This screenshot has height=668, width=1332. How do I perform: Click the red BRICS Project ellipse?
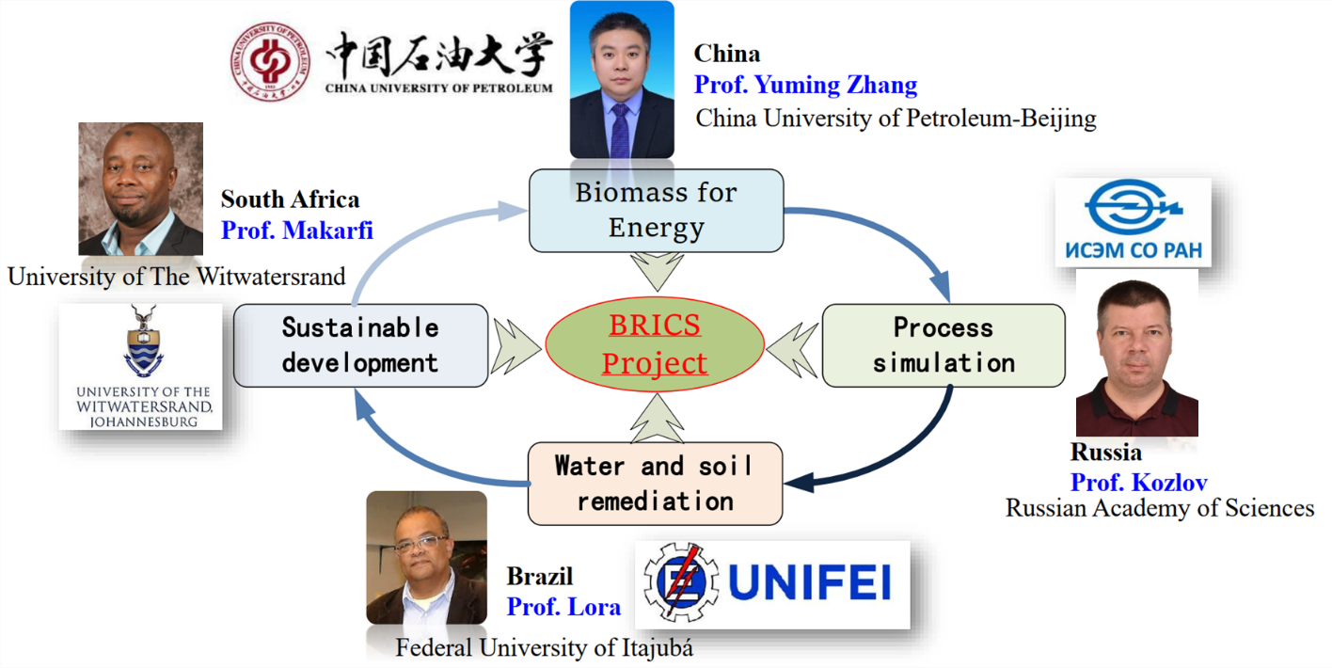(x=655, y=344)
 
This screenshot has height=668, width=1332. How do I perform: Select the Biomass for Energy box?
(x=656, y=211)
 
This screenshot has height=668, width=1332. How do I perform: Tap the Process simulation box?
(x=943, y=345)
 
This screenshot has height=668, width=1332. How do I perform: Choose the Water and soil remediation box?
(x=656, y=484)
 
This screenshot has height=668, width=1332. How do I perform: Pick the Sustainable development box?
(x=361, y=345)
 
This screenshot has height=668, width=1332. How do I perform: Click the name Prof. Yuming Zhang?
(x=806, y=85)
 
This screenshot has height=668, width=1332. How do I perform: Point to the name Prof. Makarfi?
(x=296, y=231)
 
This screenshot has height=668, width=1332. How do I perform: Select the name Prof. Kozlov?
(x=1139, y=483)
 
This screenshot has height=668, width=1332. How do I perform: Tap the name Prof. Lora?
(x=563, y=607)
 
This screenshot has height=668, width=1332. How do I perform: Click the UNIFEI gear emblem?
(x=681, y=581)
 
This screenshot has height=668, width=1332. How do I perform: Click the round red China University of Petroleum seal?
(x=271, y=61)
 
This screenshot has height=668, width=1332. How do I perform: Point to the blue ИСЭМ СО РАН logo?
(x=1134, y=221)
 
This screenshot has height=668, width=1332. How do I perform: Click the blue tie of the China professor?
(x=620, y=131)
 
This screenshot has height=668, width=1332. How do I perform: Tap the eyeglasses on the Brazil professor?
(x=420, y=544)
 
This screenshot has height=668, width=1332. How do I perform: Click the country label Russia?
(x=1106, y=452)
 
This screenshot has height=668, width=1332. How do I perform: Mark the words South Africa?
(x=290, y=199)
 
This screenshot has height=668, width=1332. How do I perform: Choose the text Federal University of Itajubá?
(x=544, y=647)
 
